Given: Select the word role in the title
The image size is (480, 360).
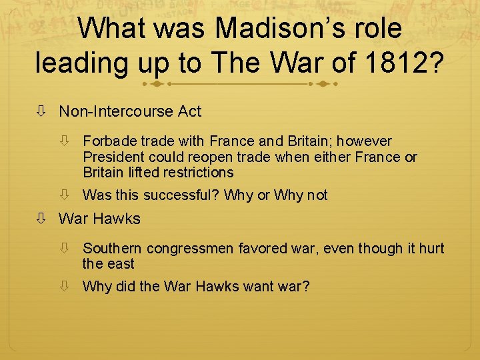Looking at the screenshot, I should coord(377,29).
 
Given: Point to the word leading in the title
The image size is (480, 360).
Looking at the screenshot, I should coord(85,63).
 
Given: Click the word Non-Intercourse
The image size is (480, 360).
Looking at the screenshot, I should coord(116,111).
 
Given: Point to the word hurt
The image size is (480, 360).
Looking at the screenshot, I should coord(431,249).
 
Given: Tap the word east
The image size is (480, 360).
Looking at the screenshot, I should coord(121,264).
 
